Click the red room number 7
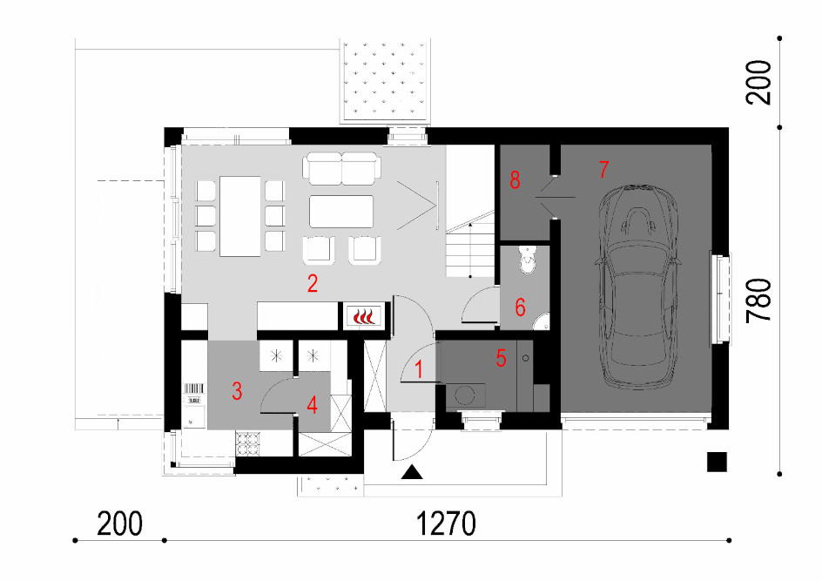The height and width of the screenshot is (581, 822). pos(603,169)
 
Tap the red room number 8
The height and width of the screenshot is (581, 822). pos(515,179)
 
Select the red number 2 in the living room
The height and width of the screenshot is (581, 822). pos(313,284)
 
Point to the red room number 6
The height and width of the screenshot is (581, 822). pos(520,307)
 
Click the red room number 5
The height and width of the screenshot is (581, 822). pos(501,358)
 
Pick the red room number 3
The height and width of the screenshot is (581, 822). pos(237,391)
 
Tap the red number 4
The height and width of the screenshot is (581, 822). pos(313,405)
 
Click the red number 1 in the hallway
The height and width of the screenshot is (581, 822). pos(419,369)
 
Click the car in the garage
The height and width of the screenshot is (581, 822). pos(637,287)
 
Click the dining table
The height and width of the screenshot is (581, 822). pos(240,216)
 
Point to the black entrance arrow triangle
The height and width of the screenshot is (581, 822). pos(412,472)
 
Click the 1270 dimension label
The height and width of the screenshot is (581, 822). pos(446,524)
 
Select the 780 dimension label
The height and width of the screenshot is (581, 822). pos(759,301)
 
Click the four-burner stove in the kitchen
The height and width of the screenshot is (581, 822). pos(248,443)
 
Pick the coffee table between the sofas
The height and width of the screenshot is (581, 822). pos(341,212)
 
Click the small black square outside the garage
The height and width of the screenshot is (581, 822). pos(717,462)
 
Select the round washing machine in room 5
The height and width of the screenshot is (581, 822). pos(464,395)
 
